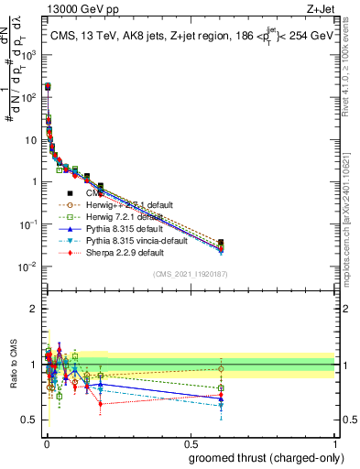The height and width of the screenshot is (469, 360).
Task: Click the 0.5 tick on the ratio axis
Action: click(31, 420)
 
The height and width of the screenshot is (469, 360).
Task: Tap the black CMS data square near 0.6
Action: click(221, 242)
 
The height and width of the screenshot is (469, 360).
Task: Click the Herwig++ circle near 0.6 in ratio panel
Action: click(221, 369)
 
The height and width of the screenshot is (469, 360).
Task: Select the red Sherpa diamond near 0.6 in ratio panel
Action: click(221, 396)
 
